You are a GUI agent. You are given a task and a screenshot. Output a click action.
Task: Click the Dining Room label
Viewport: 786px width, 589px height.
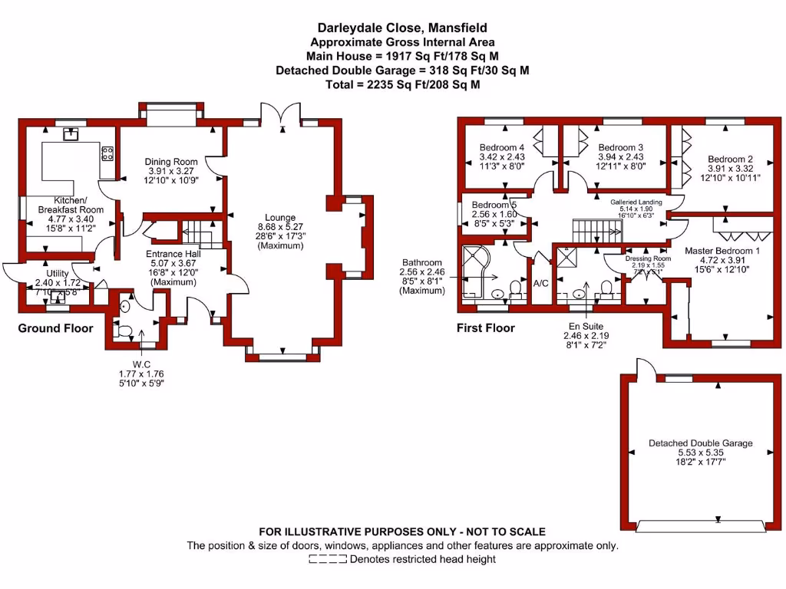(x=171, y=162)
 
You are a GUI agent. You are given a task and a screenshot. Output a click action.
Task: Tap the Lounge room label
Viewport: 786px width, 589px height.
(x=275, y=218)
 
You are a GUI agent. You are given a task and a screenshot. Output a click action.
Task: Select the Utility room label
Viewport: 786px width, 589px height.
(x=58, y=274)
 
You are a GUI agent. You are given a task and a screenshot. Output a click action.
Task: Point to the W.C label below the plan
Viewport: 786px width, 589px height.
(x=140, y=364)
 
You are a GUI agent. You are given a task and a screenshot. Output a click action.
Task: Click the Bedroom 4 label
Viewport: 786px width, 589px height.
(x=502, y=147)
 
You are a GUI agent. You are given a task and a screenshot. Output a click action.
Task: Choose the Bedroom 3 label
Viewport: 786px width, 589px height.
(x=620, y=147)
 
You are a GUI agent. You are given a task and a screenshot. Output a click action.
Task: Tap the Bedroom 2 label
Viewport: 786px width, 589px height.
(x=730, y=160)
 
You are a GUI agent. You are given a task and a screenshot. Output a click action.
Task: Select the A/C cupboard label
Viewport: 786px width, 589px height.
(x=540, y=283)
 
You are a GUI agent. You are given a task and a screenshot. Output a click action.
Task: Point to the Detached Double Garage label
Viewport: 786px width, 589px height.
(x=700, y=443)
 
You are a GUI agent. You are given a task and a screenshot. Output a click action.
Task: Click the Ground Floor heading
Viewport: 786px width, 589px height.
(x=56, y=328)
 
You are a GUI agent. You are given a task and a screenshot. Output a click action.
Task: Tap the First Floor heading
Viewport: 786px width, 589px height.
(x=487, y=328)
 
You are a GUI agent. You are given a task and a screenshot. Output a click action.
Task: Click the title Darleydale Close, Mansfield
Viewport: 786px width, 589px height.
(x=402, y=29)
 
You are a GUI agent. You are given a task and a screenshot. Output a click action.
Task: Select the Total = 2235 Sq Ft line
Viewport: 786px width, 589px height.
(x=402, y=84)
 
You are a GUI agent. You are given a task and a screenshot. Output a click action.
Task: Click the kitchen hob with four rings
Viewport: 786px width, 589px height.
(x=107, y=153)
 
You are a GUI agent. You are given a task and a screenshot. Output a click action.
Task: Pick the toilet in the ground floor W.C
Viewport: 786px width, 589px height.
(x=124, y=331)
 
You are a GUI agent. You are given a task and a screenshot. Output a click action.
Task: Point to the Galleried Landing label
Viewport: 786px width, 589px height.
(x=636, y=202)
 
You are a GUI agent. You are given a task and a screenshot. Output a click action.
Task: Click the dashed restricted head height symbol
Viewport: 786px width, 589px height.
(x=327, y=560)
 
